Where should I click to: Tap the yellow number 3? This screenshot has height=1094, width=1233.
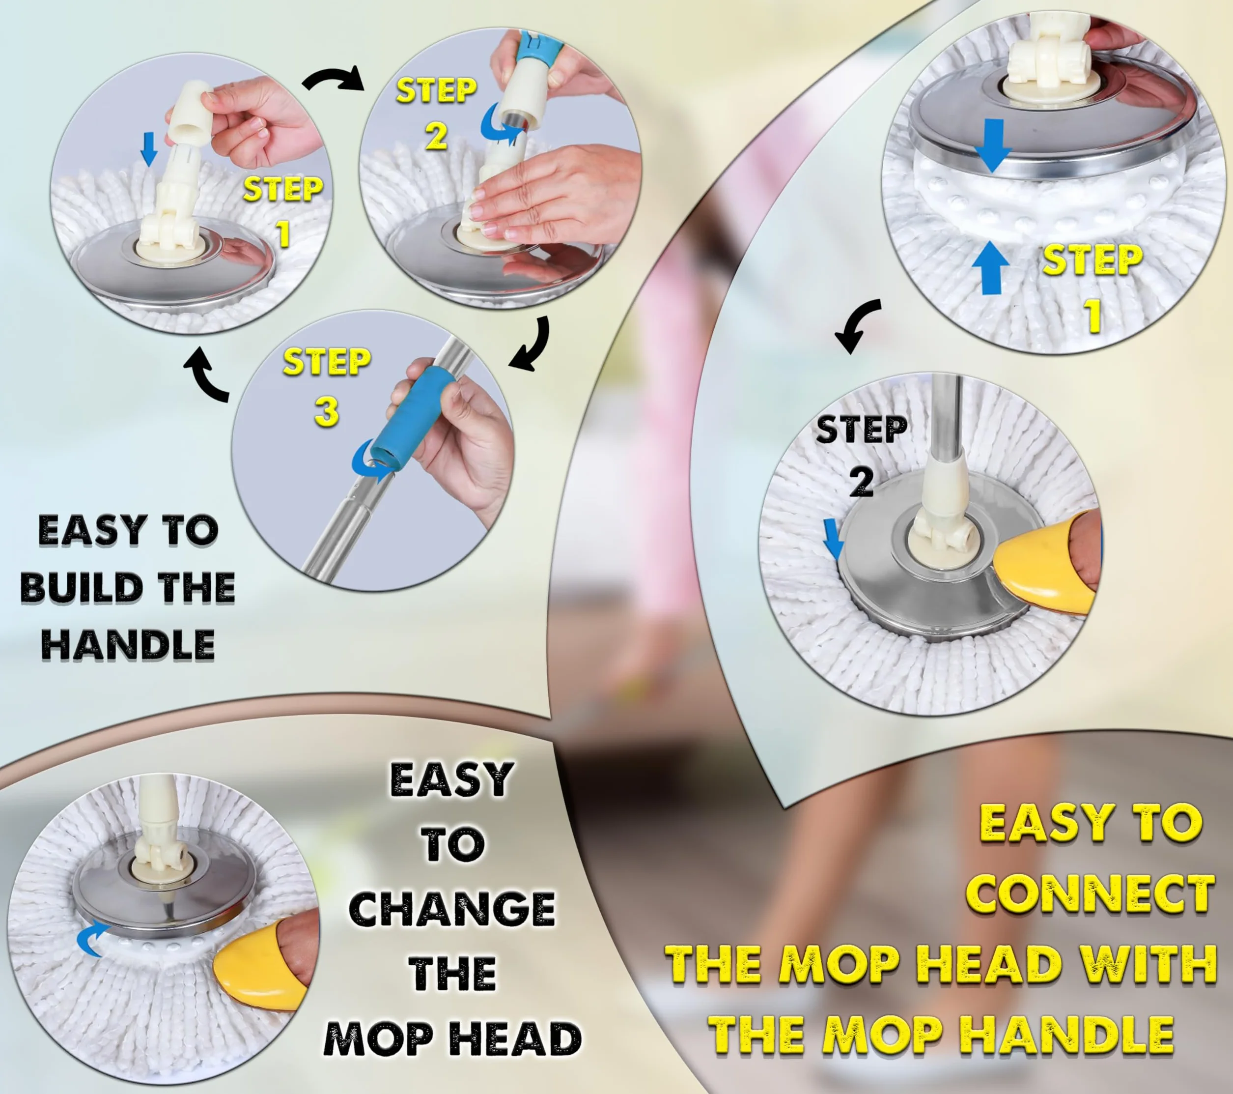click(x=326, y=412)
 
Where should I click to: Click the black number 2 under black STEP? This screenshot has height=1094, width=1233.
click(x=862, y=482)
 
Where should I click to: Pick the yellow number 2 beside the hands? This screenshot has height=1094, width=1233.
click(x=436, y=136)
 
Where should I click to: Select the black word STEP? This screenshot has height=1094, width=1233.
click(x=862, y=429)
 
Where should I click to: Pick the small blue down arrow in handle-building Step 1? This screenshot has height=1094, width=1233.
click(x=148, y=149)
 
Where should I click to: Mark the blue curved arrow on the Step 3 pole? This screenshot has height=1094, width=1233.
click(x=372, y=461)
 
